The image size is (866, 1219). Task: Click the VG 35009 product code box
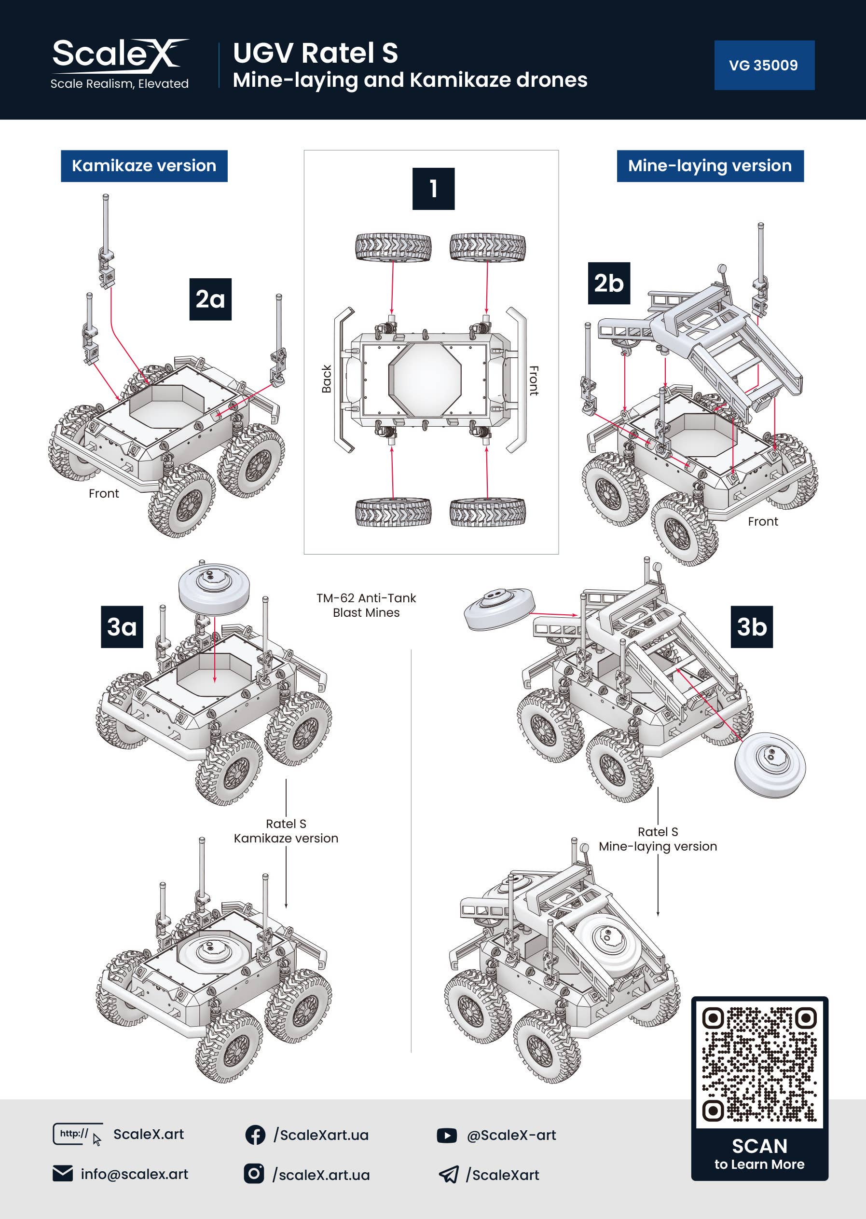(x=764, y=65)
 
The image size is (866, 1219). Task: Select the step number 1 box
(x=433, y=189)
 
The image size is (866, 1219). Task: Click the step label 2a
(x=210, y=299)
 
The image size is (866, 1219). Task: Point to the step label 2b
(x=608, y=283)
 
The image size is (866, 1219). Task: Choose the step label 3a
(x=122, y=627)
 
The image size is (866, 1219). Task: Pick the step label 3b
(x=751, y=627)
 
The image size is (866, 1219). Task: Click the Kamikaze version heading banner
(x=144, y=166)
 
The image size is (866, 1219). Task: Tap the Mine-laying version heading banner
(x=710, y=166)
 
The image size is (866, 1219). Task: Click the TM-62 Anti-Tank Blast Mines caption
(x=366, y=605)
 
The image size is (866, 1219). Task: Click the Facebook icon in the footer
(x=255, y=1135)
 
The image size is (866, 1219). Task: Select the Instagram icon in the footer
(x=254, y=1174)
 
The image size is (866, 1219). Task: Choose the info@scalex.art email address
(x=135, y=1174)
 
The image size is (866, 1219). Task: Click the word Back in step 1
(x=326, y=379)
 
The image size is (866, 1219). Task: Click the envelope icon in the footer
(x=63, y=1174)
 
